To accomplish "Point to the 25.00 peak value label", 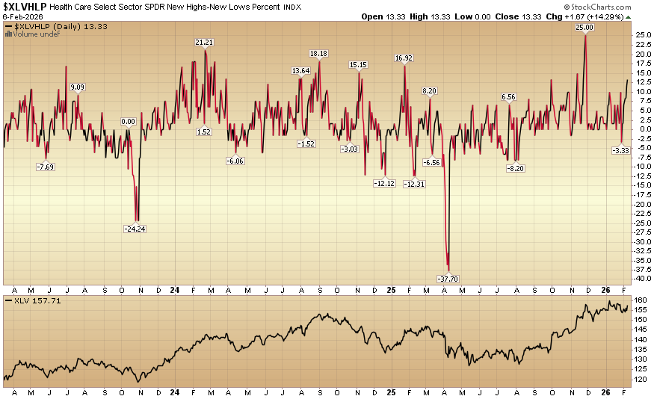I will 584,28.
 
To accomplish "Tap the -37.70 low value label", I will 448,278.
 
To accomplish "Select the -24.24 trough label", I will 135,229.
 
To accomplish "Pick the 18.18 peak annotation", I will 318,54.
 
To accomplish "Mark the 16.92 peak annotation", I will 404,58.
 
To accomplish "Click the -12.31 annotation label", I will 414,184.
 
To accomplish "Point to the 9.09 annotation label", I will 77,87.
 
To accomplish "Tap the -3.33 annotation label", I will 621,150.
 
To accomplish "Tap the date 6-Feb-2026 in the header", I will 23,16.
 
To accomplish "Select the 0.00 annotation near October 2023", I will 129,122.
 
